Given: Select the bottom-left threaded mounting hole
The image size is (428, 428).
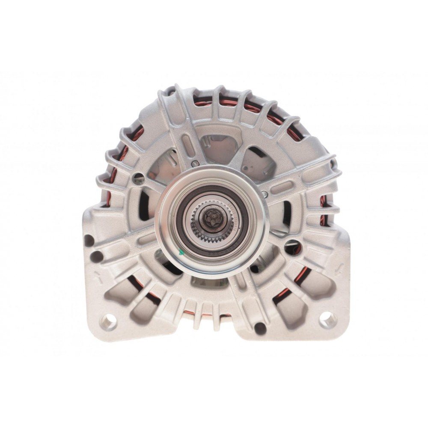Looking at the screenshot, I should (x=107, y=321).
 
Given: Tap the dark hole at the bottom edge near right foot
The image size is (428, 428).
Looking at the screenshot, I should (x=259, y=328).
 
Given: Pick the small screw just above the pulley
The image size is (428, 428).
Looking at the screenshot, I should (x=195, y=163).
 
